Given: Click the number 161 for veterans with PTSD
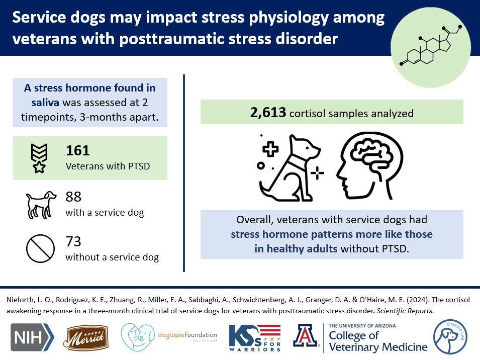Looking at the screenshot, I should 77,150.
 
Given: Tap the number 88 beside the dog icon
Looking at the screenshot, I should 73,197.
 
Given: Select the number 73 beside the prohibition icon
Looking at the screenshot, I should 73,242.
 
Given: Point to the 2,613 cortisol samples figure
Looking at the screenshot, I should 268,113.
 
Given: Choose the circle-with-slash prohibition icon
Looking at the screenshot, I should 40,249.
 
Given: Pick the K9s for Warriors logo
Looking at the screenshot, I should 253,338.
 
